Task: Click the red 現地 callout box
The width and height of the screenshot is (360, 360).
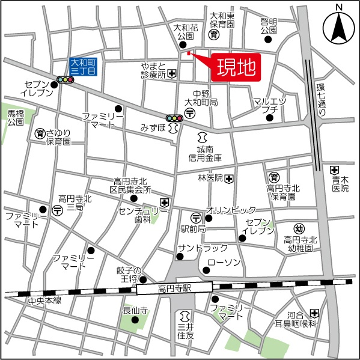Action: click(x=236, y=66)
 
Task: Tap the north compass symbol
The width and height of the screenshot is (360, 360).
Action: click(x=338, y=26)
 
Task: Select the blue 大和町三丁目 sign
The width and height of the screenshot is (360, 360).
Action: click(x=83, y=66)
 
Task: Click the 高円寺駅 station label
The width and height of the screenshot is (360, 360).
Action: click(x=174, y=290)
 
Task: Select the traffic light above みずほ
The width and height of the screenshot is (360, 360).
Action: click(x=174, y=118)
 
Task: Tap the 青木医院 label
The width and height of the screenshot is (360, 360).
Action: click(x=340, y=183)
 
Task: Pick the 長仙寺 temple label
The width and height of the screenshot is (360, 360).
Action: click(x=135, y=310)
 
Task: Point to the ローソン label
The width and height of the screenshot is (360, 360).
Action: click(x=224, y=263)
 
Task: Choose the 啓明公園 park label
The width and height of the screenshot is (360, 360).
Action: click(x=269, y=25)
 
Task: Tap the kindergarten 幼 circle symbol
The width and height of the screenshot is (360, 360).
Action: click(x=299, y=228)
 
